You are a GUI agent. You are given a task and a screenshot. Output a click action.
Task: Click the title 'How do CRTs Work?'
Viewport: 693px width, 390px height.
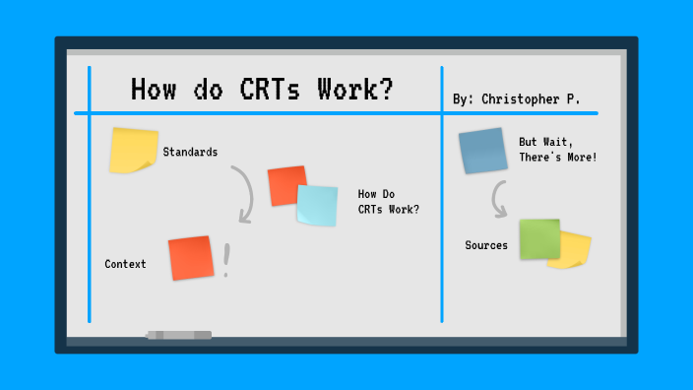pyautogui.click(x=262, y=90)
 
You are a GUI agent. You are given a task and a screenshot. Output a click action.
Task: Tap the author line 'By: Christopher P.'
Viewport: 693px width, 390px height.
pyautogui.click(x=516, y=99)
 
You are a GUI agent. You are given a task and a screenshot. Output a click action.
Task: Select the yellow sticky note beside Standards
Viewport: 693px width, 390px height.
pyautogui.click(x=133, y=150)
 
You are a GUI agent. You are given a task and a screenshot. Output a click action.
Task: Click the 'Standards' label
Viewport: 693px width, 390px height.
pyautogui.click(x=190, y=152)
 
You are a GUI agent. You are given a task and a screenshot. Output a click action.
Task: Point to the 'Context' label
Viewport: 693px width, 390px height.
pyautogui.click(x=125, y=264)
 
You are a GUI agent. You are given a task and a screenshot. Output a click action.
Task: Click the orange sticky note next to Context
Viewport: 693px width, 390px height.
pyautogui.click(x=190, y=257)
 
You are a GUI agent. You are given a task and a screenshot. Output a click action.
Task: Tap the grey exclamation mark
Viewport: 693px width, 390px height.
pyautogui.click(x=226, y=261)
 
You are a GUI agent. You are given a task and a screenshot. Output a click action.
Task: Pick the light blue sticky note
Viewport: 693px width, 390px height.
pyautogui.click(x=317, y=205)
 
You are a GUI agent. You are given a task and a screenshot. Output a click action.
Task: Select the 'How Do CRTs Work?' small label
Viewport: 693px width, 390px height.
pyautogui.click(x=388, y=201)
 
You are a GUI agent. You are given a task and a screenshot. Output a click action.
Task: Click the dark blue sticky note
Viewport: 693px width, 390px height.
pyautogui.click(x=482, y=151)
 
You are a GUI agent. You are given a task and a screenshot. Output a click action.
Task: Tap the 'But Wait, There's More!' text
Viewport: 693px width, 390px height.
pyautogui.click(x=557, y=150)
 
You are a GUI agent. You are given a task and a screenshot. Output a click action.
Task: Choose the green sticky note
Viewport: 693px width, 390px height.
pyautogui.click(x=539, y=239)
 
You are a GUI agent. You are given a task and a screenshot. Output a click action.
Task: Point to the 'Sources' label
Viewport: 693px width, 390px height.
pyautogui.click(x=486, y=245)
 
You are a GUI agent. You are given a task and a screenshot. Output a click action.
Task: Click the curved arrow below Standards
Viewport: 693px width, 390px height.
pyautogui.click(x=242, y=194)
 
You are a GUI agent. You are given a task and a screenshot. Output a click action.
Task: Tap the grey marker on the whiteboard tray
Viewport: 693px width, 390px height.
pyautogui.click(x=178, y=336)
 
